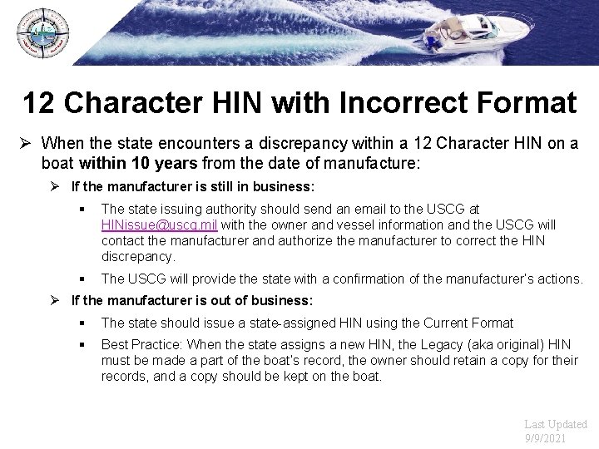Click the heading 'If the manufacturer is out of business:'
pos(192,300)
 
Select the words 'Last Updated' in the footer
pos(556,423)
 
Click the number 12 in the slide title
pos(39,103)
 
